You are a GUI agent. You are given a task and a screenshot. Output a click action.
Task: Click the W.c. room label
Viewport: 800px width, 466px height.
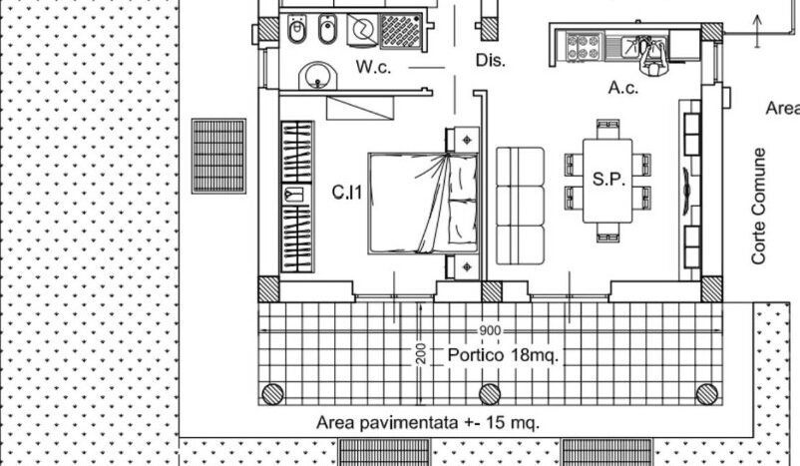[373, 66]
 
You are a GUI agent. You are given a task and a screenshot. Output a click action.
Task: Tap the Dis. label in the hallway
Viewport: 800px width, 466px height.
[491, 60]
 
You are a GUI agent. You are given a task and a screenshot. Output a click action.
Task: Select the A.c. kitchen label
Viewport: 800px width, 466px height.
[623, 88]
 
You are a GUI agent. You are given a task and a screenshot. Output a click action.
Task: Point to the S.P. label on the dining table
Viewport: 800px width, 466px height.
[608, 179]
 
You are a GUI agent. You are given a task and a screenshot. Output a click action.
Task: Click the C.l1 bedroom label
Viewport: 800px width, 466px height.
[347, 192]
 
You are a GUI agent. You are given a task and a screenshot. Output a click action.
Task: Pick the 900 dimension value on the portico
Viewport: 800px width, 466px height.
[490, 330]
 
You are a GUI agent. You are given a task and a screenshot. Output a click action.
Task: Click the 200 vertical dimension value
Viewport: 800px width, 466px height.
[420, 353]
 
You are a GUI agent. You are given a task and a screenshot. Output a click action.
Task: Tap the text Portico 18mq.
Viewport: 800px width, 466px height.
[503, 354]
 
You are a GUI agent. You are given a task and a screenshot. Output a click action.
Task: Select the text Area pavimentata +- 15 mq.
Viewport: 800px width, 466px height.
[428, 423]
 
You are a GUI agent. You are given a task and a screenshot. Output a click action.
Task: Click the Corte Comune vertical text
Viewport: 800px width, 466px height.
[759, 207]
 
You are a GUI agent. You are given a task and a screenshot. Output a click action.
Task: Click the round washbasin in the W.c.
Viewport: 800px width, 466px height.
[318, 76]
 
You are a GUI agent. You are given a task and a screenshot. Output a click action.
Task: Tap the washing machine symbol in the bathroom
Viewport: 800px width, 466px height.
[362, 30]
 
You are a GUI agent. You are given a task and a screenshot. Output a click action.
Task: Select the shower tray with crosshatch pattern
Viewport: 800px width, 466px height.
[401, 31]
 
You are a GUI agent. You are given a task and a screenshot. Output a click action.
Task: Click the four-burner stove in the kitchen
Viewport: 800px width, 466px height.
[584, 47]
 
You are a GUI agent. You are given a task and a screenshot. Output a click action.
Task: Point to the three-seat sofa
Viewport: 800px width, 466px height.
[520, 206]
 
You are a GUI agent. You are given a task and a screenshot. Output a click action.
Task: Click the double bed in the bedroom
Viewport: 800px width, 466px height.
[423, 204]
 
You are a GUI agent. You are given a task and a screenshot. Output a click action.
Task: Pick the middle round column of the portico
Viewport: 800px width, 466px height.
[490, 394]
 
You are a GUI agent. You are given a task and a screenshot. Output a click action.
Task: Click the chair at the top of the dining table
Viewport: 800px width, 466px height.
[607, 129]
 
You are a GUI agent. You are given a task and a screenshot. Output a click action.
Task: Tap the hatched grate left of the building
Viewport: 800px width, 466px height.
[218, 157]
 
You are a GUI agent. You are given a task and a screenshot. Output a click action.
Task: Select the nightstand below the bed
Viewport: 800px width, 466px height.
[463, 267]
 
